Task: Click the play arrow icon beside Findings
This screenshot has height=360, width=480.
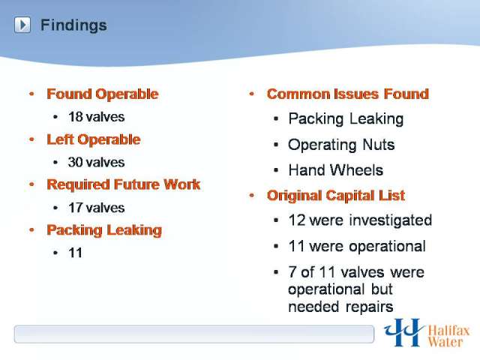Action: coord(22,25)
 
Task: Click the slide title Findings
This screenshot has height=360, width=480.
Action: coord(73,25)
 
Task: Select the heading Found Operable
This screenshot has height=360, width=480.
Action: coord(103,94)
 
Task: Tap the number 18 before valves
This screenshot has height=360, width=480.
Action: coord(76,117)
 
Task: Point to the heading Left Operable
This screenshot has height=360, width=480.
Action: coord(94,139)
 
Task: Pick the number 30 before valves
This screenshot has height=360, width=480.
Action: coord(76,162)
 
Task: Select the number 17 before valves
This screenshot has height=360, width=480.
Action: coord(76,208)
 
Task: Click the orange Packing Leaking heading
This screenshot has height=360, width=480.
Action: coord(104,230)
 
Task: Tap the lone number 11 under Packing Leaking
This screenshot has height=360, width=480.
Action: coord(76,253)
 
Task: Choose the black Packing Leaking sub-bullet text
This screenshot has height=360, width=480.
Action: coord(346,119)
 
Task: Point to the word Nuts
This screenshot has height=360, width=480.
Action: coord(379,145)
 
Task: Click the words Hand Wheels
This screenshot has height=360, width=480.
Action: coord(336,170)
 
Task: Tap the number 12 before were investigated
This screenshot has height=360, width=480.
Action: coord(297,220)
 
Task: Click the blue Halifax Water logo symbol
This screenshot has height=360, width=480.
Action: coord(404,333)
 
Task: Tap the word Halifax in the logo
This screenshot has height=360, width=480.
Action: coord(448,331)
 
